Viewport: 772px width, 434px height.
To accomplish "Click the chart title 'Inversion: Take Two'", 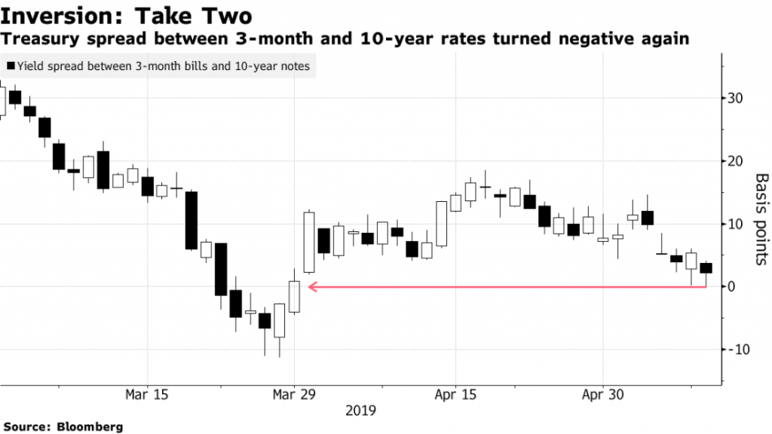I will click(127, 14).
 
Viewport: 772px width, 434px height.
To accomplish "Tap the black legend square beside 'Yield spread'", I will click(8, 66).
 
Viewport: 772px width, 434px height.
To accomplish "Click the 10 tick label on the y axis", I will click(737, 224).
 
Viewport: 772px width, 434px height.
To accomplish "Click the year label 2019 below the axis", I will click(360, 411).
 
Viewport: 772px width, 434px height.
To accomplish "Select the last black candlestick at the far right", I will click(706, 268).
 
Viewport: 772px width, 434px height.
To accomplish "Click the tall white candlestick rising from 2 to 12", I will click(308, 242).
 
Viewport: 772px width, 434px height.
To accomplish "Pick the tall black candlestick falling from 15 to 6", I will click(191, 220).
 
